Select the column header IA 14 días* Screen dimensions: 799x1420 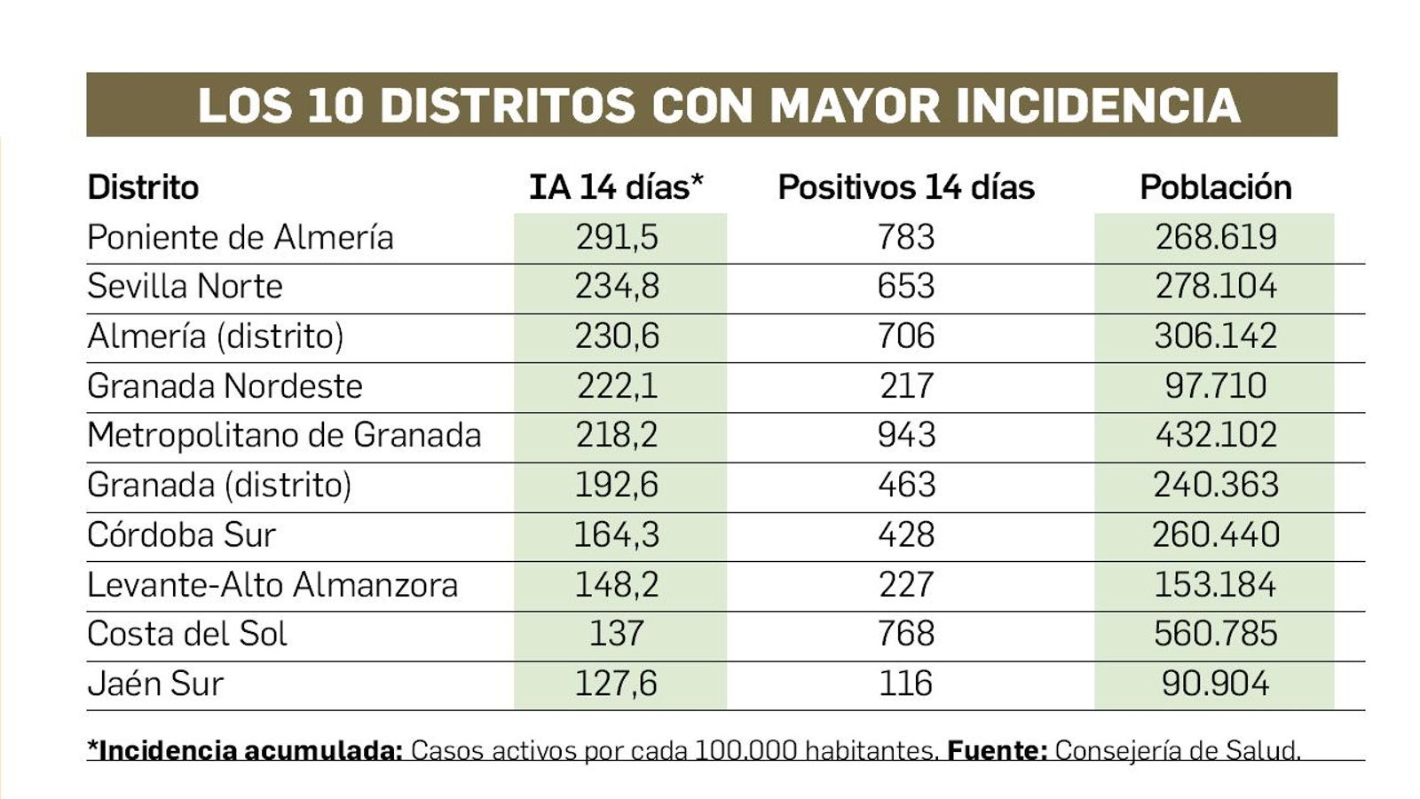[x=616, y=187]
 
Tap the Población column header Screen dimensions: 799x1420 [x=1215, y=187]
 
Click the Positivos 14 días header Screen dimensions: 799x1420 [x=905, y=187]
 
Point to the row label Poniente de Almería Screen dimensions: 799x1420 [x=241, y=237]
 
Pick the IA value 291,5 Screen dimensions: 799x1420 [x=616, y=237]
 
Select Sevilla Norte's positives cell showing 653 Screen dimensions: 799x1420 [x=905, y=286]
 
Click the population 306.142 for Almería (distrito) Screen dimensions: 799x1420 [x=1215, y=336]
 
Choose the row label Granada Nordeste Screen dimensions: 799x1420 [x=225, y=386]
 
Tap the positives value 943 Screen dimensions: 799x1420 [x=905, y=435]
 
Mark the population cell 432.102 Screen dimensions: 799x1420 [x=1215, y=435]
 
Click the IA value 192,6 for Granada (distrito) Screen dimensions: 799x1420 [x=616, y=485]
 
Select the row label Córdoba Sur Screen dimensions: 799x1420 [x=181, y=534]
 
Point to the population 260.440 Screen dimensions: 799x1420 [x=1215, y=534]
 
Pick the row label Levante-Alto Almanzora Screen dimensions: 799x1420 [x=272, y=585]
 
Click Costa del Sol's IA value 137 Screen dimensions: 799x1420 [x=616, y=634]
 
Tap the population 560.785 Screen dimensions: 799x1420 [x=1215, y=634]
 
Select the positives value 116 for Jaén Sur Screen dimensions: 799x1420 [x=905, y=684]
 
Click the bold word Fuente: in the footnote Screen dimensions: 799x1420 [x=997, y=751]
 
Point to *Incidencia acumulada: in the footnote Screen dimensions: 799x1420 [x=245, y=751]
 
